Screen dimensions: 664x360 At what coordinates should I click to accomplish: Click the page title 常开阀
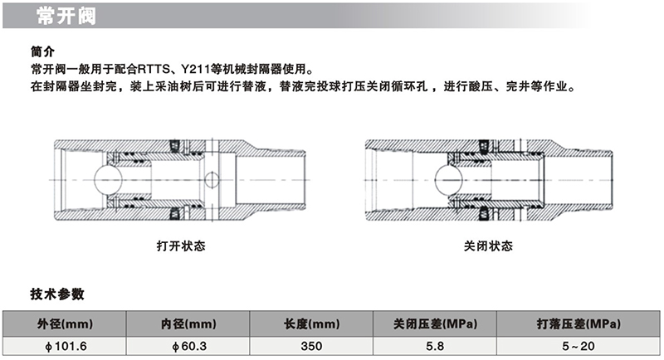pyautogui.click(x=66, y=16)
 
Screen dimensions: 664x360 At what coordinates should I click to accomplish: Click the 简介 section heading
pyautogui.click(x=43, y=51)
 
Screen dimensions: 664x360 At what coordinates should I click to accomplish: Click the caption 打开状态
pyautogui.click(x=181, y=246)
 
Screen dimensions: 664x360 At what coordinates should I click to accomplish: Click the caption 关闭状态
pyautogui.click(x=488, y=246)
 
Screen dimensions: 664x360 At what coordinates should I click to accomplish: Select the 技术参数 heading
pyautogui.click(x=57, y=294)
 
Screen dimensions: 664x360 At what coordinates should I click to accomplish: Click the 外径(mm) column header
pyautogui.click(x=65, y=324)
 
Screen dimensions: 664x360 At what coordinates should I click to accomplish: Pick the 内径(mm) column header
pyautogui.click(x=188, y=324)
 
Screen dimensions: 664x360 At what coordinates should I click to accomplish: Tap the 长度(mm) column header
pyautogui.click(x=312, y=324)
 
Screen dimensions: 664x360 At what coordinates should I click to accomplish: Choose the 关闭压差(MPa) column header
pyautogui.click(x=435, y=324)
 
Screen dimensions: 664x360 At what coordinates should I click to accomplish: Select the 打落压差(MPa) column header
pyautogui.click(x=579, y=324)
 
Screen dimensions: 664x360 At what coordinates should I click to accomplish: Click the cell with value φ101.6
pyautogui.click(x=65, y=346)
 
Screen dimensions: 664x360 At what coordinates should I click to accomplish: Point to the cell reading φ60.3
pyautogui.click(x=188, y=346)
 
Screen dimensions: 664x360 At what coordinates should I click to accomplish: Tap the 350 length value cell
pyautogui.click(x=312, y=346)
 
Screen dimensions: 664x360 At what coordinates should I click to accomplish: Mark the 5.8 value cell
pyautogui.click(x=435, y=346)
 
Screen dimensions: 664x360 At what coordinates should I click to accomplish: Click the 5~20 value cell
pyautogui.click(x=579, y=346)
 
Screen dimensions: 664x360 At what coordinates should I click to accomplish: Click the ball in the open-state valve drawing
pyautogui.click(x=109, y=180)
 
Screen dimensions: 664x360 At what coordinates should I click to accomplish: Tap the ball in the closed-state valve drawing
pyautogui.click(x=449, y=180)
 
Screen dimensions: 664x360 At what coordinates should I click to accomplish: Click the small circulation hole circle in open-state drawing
pyautogui.click(x=212, y=180)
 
